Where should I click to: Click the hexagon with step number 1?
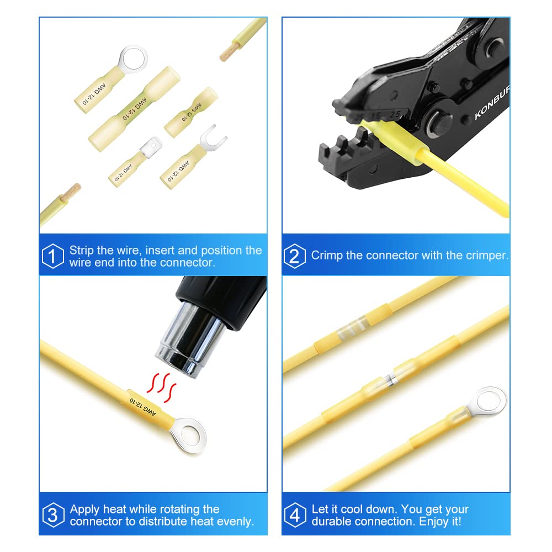tap(53, 256)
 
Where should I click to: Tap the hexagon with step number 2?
tap(295, 256)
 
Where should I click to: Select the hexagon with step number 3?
tap(53, 516)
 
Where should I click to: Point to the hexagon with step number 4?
tap(295, 516)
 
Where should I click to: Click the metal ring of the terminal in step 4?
tap(490, 398)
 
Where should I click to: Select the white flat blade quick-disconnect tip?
tap(147, 146)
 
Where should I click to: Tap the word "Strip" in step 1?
tap(82, 250)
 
